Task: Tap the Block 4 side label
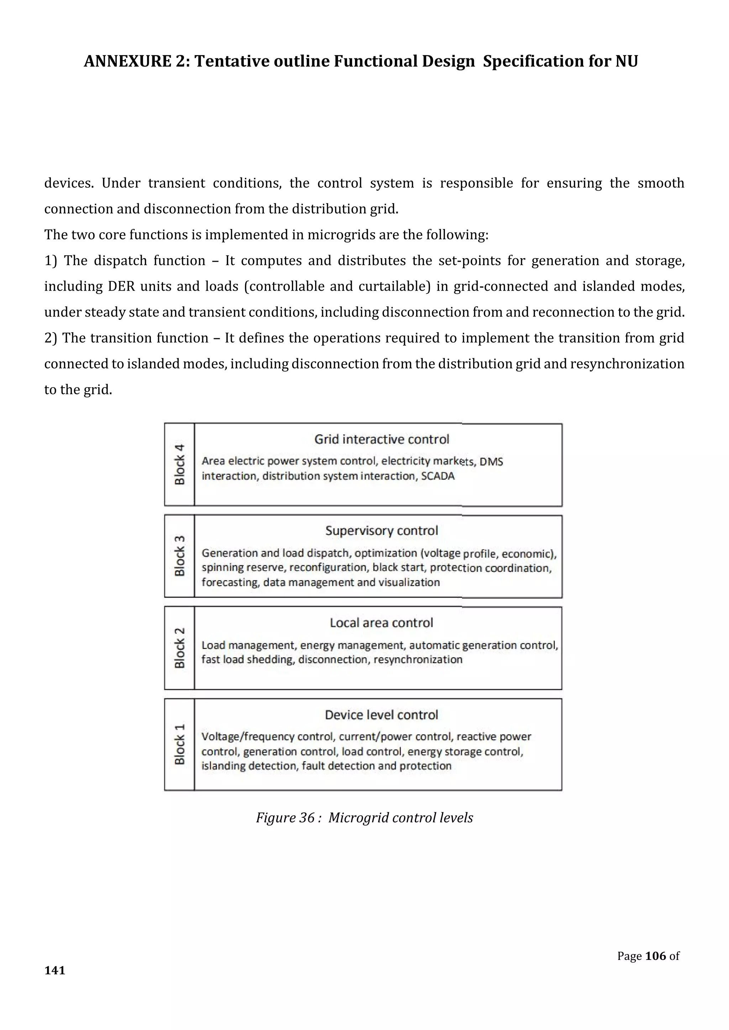pyautogui.click(x=179, y=464)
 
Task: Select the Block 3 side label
pyautogui.click(x=179, y=556)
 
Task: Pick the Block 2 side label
pyautogui.click(x=179, y=648)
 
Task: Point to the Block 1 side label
pyautogui.click(x=179, y=744)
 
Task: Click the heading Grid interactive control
pyautogui.click(x=382, y=439)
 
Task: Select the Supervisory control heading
pyautogui.click(x=382, y=531)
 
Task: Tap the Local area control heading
pyautogui.click(x=382, y=623)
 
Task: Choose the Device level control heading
pyautogui.click(x=382, y=715)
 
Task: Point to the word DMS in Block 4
pyautogui.click(x=491, y=462)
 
